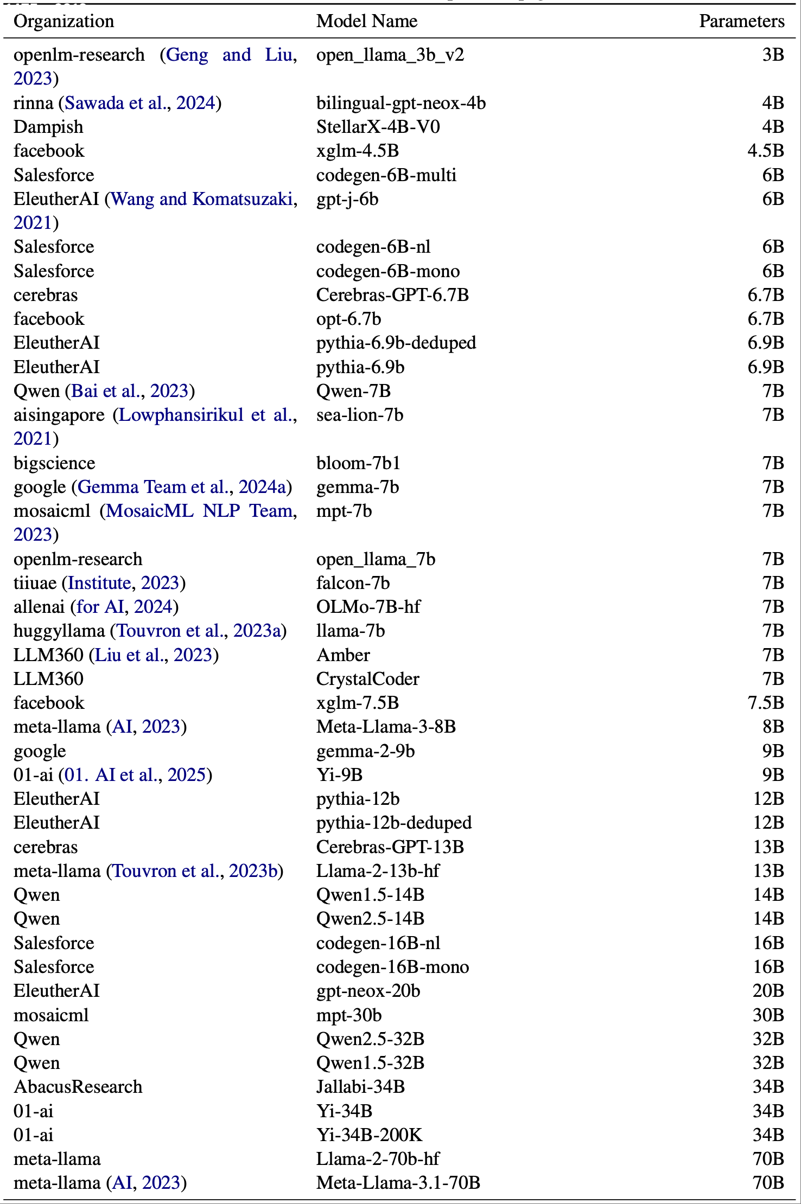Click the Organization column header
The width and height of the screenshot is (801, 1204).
point(63,21)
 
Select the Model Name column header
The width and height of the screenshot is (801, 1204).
point(367,21)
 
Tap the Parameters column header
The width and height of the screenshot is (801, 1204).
point(741,21)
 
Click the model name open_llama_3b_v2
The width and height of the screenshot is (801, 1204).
point(390,55)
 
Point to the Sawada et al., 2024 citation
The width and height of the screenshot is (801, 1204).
point(140,103)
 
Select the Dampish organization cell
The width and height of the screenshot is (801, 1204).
point(48,127)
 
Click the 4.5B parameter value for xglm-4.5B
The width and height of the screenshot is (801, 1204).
point(765,151)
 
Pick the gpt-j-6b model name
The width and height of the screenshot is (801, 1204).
point(347,199)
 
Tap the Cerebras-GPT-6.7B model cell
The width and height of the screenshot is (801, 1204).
point(392,295)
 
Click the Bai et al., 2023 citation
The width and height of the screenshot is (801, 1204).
point(130,391)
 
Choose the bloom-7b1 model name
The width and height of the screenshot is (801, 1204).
point(358,463)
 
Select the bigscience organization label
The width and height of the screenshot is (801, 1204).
point(54,463)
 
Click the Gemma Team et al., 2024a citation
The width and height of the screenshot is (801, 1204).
point(182,487)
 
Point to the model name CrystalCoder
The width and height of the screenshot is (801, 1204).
point(368,679)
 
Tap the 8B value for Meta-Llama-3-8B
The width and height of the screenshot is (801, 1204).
point(773,727)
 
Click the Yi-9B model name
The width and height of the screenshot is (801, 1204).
point(339,775)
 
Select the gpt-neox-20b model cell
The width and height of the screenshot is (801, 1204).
point(368,991)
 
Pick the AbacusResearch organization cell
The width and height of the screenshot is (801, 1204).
point(78,1087)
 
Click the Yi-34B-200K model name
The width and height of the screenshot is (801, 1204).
point(369,1135)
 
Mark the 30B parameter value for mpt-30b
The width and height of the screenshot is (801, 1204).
point(768,1015)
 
